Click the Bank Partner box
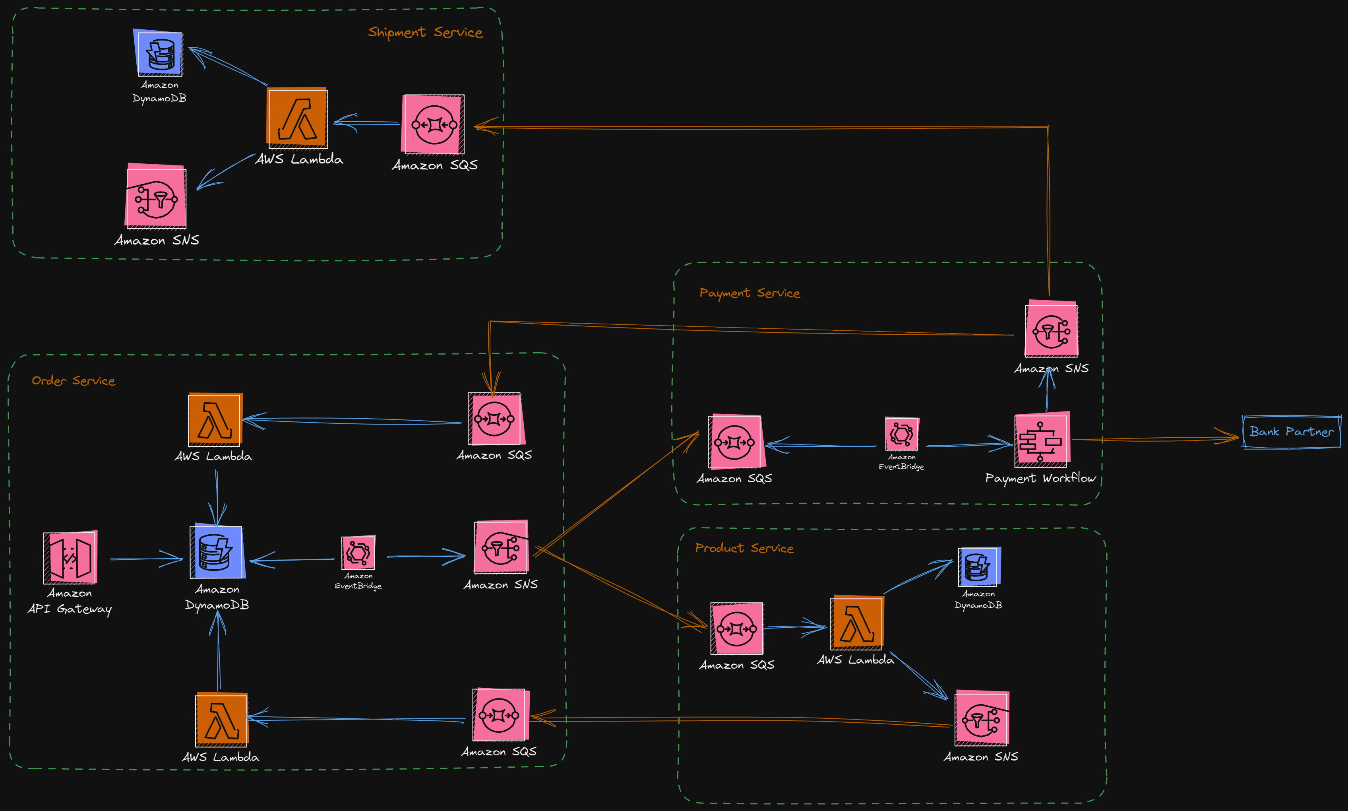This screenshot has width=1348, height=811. point(1291,432)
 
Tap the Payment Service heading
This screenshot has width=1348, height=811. point(750,293)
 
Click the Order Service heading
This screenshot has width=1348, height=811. point(73,381)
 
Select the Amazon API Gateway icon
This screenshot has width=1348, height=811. point(70,557)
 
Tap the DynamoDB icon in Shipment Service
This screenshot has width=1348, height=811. point(159,53)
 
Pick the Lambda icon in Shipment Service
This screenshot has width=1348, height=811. point(297,118)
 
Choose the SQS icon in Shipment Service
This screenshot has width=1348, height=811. point(434,124)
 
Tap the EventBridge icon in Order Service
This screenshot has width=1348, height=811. point(358,553)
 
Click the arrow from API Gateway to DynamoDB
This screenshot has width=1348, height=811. point(146,559)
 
